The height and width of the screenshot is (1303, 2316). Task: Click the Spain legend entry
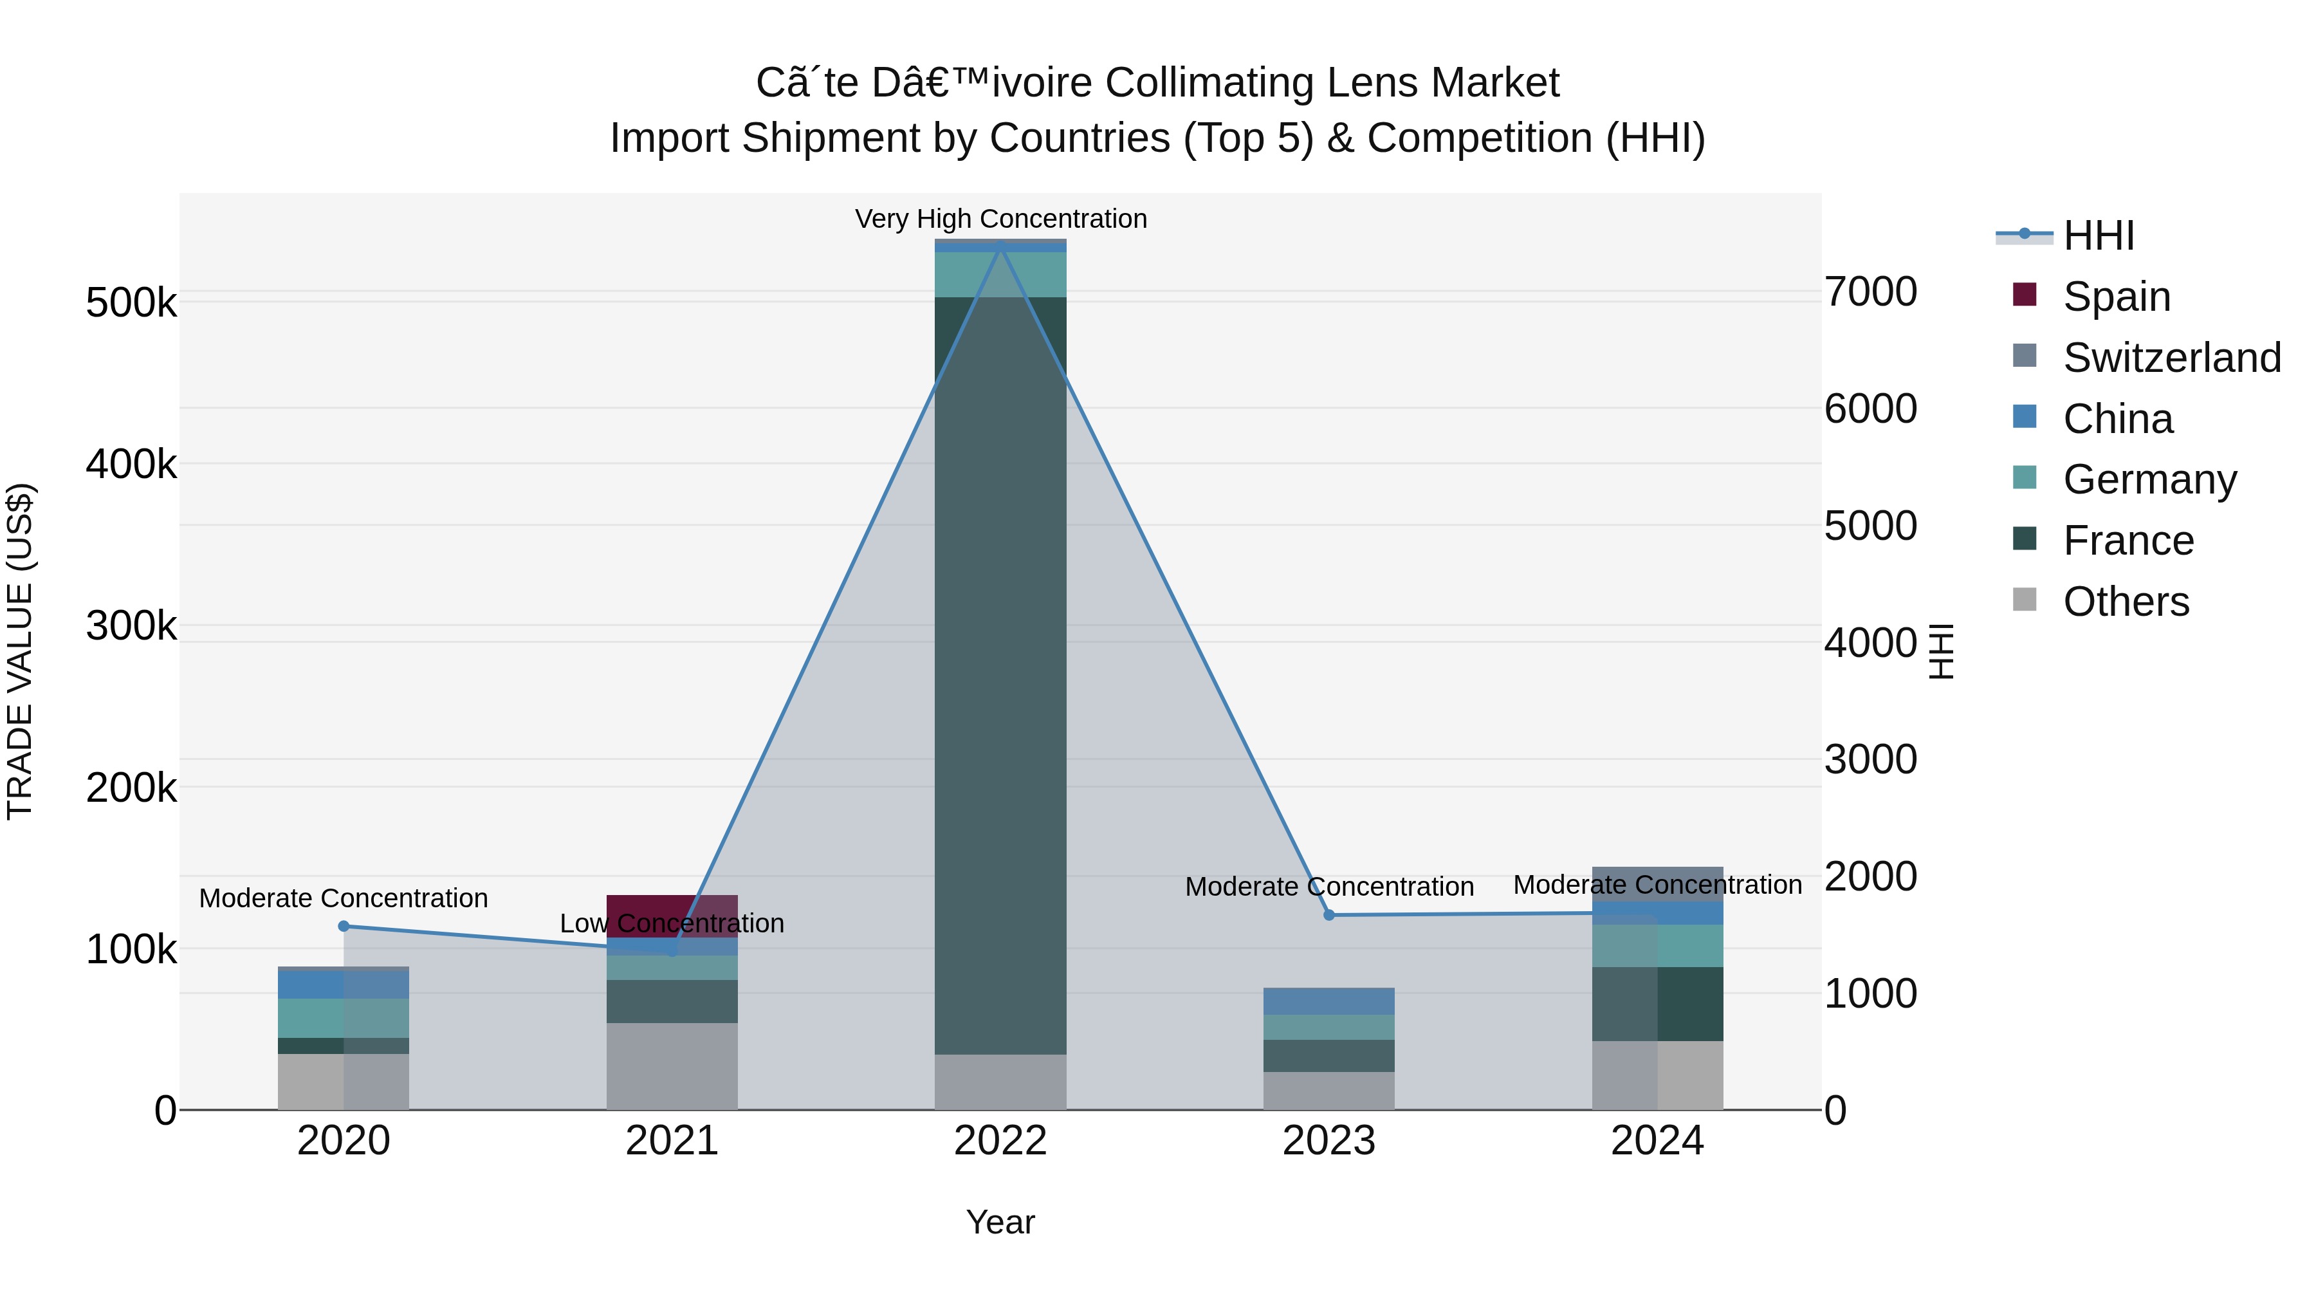point(2117,297)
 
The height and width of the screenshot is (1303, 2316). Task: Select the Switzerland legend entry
point(2171,358)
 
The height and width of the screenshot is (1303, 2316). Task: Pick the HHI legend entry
point(2099,236)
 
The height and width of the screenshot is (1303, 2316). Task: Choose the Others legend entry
point(2126,602)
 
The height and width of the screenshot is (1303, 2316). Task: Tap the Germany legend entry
point(2149,479)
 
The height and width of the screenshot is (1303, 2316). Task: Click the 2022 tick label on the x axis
point(1000,1141)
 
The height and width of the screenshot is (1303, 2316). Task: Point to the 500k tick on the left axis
point(131,303)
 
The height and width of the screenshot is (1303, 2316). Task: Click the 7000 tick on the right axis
point(1870,292)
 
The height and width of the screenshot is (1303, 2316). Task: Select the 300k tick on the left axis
point(131,626)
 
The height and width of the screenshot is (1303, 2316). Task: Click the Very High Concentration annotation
point(1000,219)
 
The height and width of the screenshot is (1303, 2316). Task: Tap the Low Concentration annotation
point(672,923)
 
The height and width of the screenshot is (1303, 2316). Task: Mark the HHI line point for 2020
point(344,926)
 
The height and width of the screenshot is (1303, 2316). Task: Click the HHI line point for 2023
point(1329,916)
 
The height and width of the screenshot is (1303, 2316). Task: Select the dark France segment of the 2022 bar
point(1000,674)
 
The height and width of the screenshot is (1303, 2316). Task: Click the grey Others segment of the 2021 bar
point(672,1066)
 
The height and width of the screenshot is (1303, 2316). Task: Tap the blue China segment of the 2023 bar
point(1329,1001)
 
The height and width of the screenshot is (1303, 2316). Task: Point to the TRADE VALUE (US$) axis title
point(20,651)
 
